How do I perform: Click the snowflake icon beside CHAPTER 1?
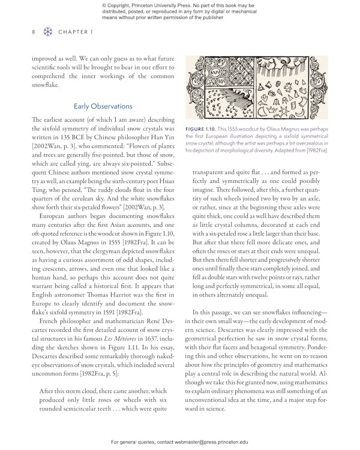pyautogui.click(x=47, y=32)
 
